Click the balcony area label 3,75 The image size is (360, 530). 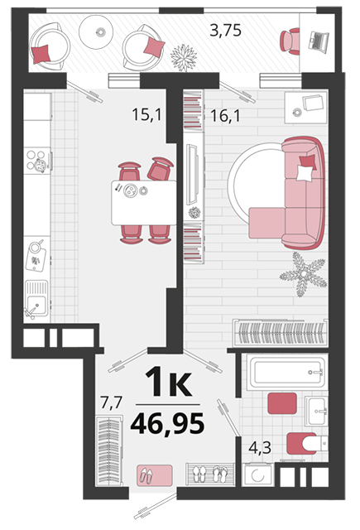tap(225, 31)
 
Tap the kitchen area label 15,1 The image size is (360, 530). tap(147, 114)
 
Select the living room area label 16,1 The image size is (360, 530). tap(225, 116)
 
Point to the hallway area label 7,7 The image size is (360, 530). tap(111, 403)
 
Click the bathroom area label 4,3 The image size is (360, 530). tap(260, 447)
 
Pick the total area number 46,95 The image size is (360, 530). tap(167, 423)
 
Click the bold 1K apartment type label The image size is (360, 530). tap(168, 382)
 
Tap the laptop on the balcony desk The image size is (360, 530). tap(319, 41)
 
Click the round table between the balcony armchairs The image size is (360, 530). tap(96, 32)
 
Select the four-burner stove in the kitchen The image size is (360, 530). tap(36, 160)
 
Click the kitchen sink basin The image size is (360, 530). tap(37, 305)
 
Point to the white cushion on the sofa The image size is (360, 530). tap(305, 173)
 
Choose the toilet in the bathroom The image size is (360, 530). tap(307, 444)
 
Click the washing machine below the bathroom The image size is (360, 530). tap(257, 475)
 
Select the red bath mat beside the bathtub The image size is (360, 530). tap(282, 403)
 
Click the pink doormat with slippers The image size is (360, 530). tap(155, 475)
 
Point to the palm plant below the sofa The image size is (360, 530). tap(303, 274)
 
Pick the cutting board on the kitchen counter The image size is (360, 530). tap(36, 255)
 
